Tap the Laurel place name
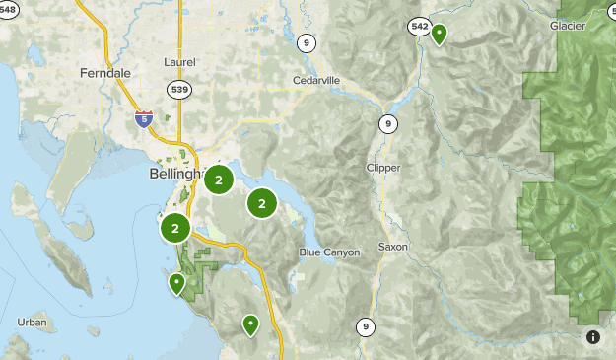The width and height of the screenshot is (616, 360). coord(180,62)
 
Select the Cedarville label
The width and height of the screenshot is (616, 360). coord(316,81)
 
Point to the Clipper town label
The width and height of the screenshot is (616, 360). coord(383,168)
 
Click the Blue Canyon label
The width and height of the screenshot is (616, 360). coord(329,252)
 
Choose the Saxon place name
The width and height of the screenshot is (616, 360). coord(392,247)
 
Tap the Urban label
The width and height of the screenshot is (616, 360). coord(32,323)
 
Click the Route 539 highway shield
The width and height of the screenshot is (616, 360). coord(180,88)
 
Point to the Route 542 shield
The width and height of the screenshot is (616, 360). coord(420,26)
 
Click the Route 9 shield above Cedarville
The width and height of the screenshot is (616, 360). coord(308,42)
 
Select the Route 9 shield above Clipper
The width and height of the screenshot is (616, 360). coord(388,123)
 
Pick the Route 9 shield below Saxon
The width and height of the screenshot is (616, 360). coord(366,326)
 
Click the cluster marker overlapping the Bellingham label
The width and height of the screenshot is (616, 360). coord(219,180)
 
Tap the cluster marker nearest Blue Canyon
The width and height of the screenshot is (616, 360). coord(262,203)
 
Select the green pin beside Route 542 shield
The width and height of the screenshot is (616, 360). coord(439,34)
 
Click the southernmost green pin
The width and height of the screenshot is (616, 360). coord(250,324)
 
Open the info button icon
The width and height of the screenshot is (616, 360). coord(592,337)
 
